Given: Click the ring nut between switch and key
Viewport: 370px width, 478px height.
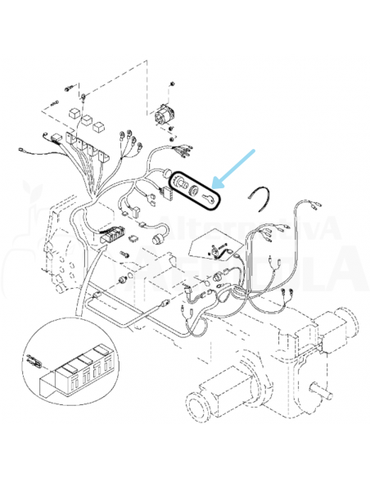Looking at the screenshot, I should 196,189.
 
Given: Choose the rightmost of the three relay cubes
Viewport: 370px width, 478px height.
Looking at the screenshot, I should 99,127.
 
